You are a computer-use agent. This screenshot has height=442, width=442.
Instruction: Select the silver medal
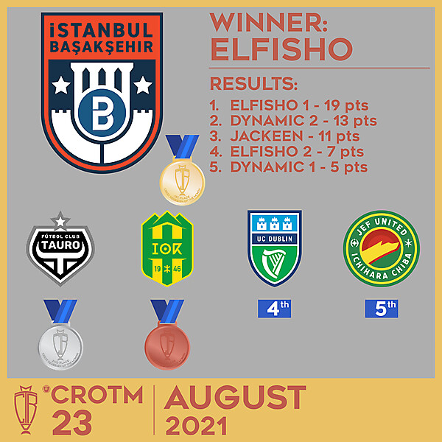tap(60, 343)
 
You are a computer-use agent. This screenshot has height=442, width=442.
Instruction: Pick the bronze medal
tap(166, 343)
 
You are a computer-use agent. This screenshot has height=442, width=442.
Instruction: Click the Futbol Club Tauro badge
tap(59, 250)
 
